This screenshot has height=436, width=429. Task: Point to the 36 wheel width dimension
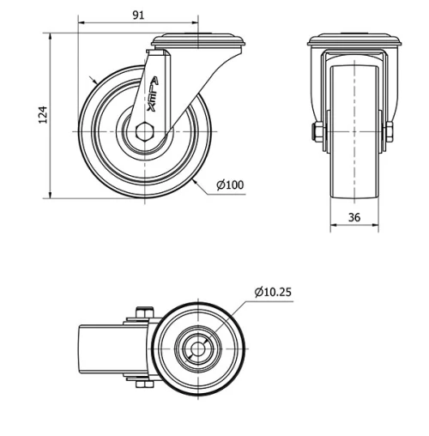click(354, 216)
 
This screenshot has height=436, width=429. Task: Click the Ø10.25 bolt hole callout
click(273, 292)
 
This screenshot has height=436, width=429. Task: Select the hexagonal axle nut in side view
click(142, 133)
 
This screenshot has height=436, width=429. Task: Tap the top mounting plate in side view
click(198, 39)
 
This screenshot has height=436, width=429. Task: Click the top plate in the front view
click(354, 40)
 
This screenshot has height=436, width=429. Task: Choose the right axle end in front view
click(390, 132)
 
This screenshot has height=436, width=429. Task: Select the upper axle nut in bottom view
click(143, 313)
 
